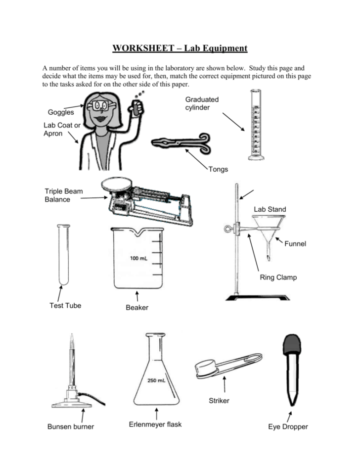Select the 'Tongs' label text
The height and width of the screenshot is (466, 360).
point(218,169)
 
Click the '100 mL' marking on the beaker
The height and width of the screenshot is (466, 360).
point(139,258)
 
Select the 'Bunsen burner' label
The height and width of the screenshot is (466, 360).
point(70,426)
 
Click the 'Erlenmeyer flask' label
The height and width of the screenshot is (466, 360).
point(155,424)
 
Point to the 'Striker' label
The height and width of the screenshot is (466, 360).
point(219,401)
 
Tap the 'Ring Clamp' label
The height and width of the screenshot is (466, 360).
point(278,278)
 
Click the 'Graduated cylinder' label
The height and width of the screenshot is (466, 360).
point(202,103)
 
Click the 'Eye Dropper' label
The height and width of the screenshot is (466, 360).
point(288,426)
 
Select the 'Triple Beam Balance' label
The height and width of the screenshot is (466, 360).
point(64,195)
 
